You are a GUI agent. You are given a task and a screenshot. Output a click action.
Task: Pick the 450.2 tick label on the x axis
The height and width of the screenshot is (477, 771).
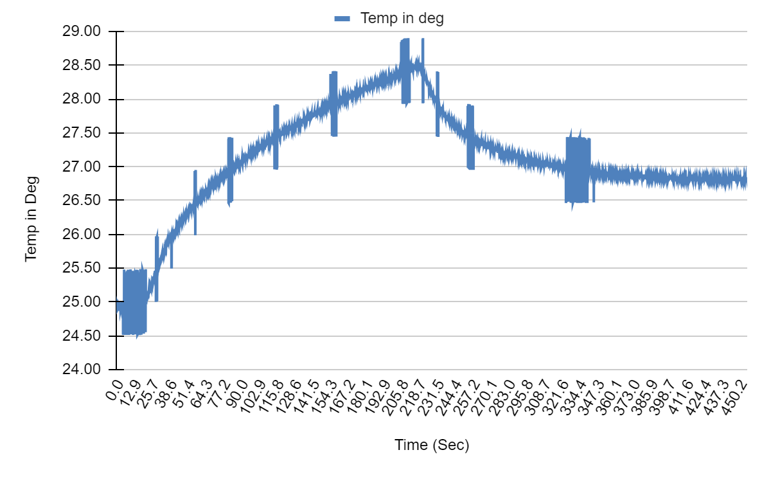[738, 393]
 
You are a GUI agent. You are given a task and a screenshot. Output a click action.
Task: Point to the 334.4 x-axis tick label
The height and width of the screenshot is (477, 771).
[573, 393]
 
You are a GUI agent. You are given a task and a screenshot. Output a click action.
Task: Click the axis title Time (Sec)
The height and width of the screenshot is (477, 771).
[432, 445]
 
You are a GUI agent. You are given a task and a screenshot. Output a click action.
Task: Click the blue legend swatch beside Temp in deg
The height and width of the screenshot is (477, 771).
[342, 19]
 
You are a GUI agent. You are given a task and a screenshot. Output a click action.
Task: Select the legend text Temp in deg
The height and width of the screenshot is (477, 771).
[402, 18]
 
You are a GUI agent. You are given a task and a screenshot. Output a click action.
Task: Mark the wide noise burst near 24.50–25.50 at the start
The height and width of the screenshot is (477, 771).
[134, 302]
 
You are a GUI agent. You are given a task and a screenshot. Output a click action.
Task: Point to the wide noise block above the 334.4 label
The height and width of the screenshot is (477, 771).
[577, 170]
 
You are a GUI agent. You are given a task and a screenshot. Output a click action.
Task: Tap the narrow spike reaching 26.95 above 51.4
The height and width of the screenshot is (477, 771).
[195, 193]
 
